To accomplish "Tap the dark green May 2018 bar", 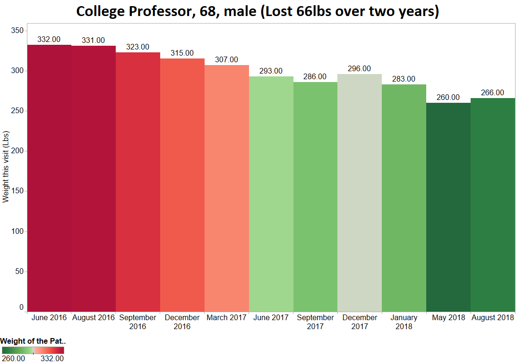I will (x=448, y=207).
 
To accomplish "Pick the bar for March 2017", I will (x=227, y=189).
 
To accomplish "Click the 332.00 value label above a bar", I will (x=49, y=40).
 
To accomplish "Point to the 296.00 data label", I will (x=360, y=69).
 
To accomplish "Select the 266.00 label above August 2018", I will (x=492, y=93).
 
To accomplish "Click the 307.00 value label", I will (x=227, y=60).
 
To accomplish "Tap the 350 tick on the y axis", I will (x=17, y=31).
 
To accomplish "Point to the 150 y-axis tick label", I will (x=17, y=191).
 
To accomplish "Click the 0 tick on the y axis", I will (x=21, y=307).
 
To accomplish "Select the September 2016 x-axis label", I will (x=138, y=322).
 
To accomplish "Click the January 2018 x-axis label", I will (x=404, y=322).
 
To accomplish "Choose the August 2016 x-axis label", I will (x=94, y=318).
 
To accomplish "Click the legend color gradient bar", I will (x=33, y=350).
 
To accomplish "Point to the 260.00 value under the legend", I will (x=13, y=359).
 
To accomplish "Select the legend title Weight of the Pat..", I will (x=33, y=341).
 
